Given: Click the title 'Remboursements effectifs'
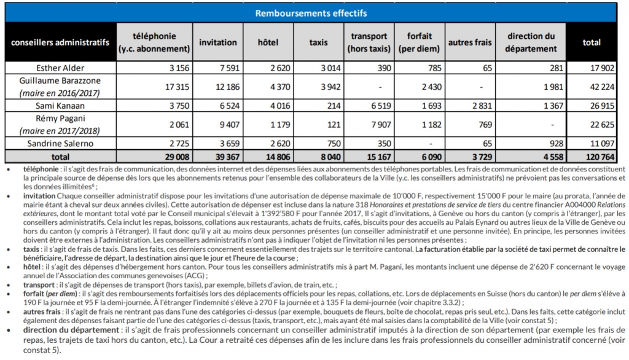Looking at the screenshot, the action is [311, 14].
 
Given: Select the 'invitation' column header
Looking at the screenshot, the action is [218, 42].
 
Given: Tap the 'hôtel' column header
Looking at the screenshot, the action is [268, 42].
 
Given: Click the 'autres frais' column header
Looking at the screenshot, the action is [470, 42].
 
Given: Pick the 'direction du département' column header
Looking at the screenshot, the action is [531, 42].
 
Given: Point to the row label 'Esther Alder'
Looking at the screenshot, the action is [60, 68].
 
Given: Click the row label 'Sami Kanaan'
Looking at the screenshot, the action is [60, 106].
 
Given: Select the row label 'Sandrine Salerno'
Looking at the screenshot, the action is [60, 143].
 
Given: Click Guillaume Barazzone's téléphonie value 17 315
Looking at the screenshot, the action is [177, 87].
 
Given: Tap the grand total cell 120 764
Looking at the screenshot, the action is [600, 157].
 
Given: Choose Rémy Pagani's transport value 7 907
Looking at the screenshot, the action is [381, 125].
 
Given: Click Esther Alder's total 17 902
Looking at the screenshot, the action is [602, 68].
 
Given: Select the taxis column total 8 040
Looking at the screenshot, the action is [330, 157].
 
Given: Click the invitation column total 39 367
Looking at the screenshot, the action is [227, 157].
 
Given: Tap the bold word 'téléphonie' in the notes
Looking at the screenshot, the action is [41, 170].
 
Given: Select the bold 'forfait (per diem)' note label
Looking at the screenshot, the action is [50, 294].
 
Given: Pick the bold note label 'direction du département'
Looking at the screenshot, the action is [71, 331].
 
